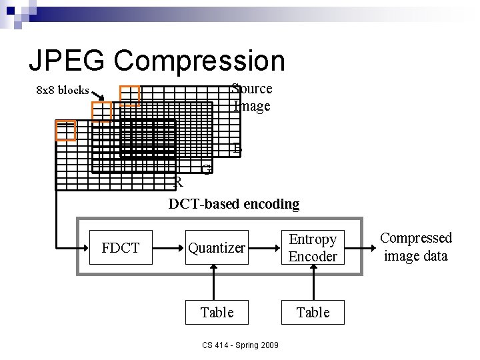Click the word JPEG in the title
[67, 61]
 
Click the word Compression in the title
[199, 61]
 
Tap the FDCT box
[121, 248]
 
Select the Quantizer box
[217, 248]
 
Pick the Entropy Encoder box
[313, 248]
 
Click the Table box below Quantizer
[217, 312]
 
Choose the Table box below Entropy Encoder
[313, 312]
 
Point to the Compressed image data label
[416, 247]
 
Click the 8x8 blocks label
[62, 90]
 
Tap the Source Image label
[252, 97]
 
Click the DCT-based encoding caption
[234, 204]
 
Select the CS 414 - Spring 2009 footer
[241, 345]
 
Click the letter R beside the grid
[178, 182]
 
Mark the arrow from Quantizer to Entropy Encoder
[264, 248]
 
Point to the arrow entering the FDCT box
[73, 248]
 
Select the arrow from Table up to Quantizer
[213, 280]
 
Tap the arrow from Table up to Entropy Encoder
[313, 280]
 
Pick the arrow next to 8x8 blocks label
[97, 95]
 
